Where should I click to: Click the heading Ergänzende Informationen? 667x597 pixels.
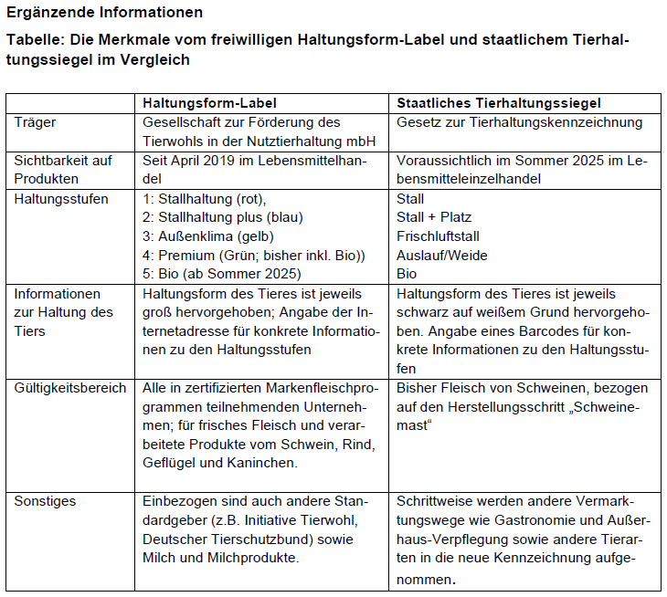click(x=105, y=14)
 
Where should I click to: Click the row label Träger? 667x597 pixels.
click(x=34, y=122)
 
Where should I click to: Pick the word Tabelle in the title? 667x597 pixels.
click(x=33, y=42)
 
